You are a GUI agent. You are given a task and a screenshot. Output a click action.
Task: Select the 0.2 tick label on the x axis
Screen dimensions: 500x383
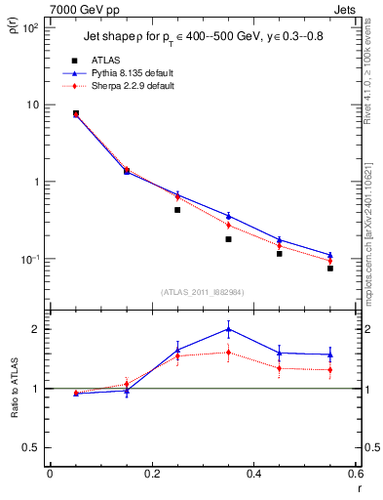152,475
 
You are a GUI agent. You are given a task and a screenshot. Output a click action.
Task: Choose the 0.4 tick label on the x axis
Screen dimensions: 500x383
253,475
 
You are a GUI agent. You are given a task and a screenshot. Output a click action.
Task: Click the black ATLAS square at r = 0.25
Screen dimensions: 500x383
177,210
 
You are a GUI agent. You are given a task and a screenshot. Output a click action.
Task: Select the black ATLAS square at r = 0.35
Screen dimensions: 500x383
228,239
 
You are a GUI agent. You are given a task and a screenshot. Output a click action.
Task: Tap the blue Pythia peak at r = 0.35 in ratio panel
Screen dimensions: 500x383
228,329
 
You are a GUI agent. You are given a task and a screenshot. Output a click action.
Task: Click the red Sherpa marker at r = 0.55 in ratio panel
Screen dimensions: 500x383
330,370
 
